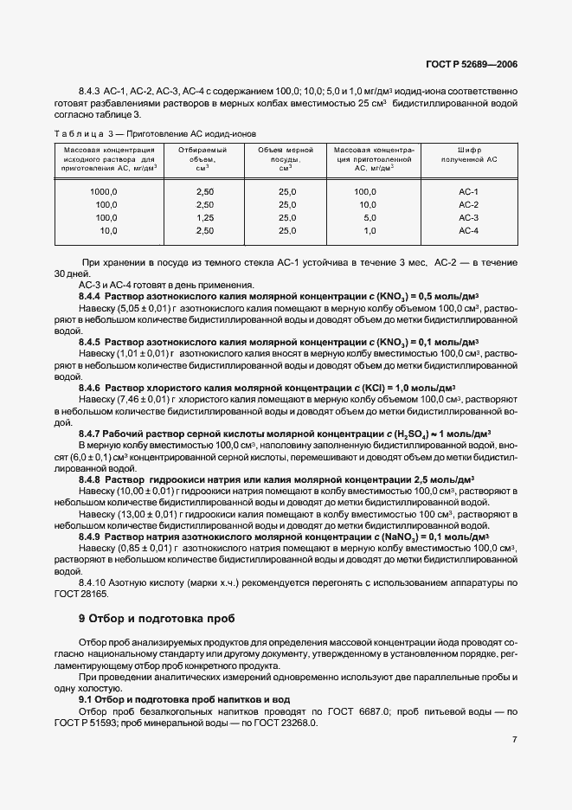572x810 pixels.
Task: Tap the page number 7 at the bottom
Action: (x=514, y=740)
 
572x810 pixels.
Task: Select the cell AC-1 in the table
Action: (x=468, y=191)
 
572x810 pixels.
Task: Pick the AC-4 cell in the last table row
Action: (x=468, y=231)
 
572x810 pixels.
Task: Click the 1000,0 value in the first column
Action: (x=103, y=191)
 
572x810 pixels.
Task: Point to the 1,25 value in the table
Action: (x=204, y=218)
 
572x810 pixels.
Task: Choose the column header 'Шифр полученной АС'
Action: (x=468, y=155)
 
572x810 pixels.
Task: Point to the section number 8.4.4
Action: (x=89, y=296)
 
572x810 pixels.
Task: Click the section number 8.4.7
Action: (x=89, y=432)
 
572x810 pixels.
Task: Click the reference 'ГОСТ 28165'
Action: (x=97, y=595)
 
